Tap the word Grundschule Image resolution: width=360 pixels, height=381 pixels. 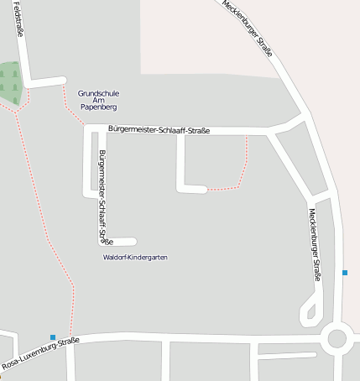97,93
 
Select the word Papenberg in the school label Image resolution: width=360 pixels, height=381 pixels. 97,108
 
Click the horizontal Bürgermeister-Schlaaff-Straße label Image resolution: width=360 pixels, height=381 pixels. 159,129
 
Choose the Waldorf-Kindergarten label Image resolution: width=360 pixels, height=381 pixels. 134,257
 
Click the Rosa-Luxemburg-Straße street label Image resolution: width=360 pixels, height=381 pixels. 40,353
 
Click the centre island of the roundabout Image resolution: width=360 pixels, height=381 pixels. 337,339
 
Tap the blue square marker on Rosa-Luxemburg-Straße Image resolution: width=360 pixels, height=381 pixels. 53,337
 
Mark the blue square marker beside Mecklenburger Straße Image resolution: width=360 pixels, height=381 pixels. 345,273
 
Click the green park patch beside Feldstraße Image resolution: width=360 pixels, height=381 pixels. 8,83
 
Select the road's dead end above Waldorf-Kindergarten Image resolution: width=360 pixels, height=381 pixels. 133,243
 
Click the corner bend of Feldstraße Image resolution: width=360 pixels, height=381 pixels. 28,83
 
